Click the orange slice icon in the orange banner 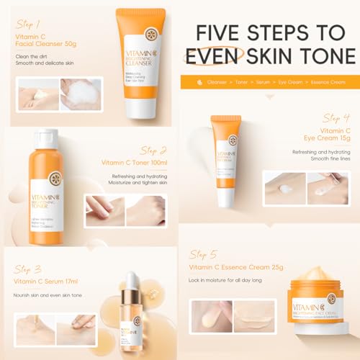point(199,83)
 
